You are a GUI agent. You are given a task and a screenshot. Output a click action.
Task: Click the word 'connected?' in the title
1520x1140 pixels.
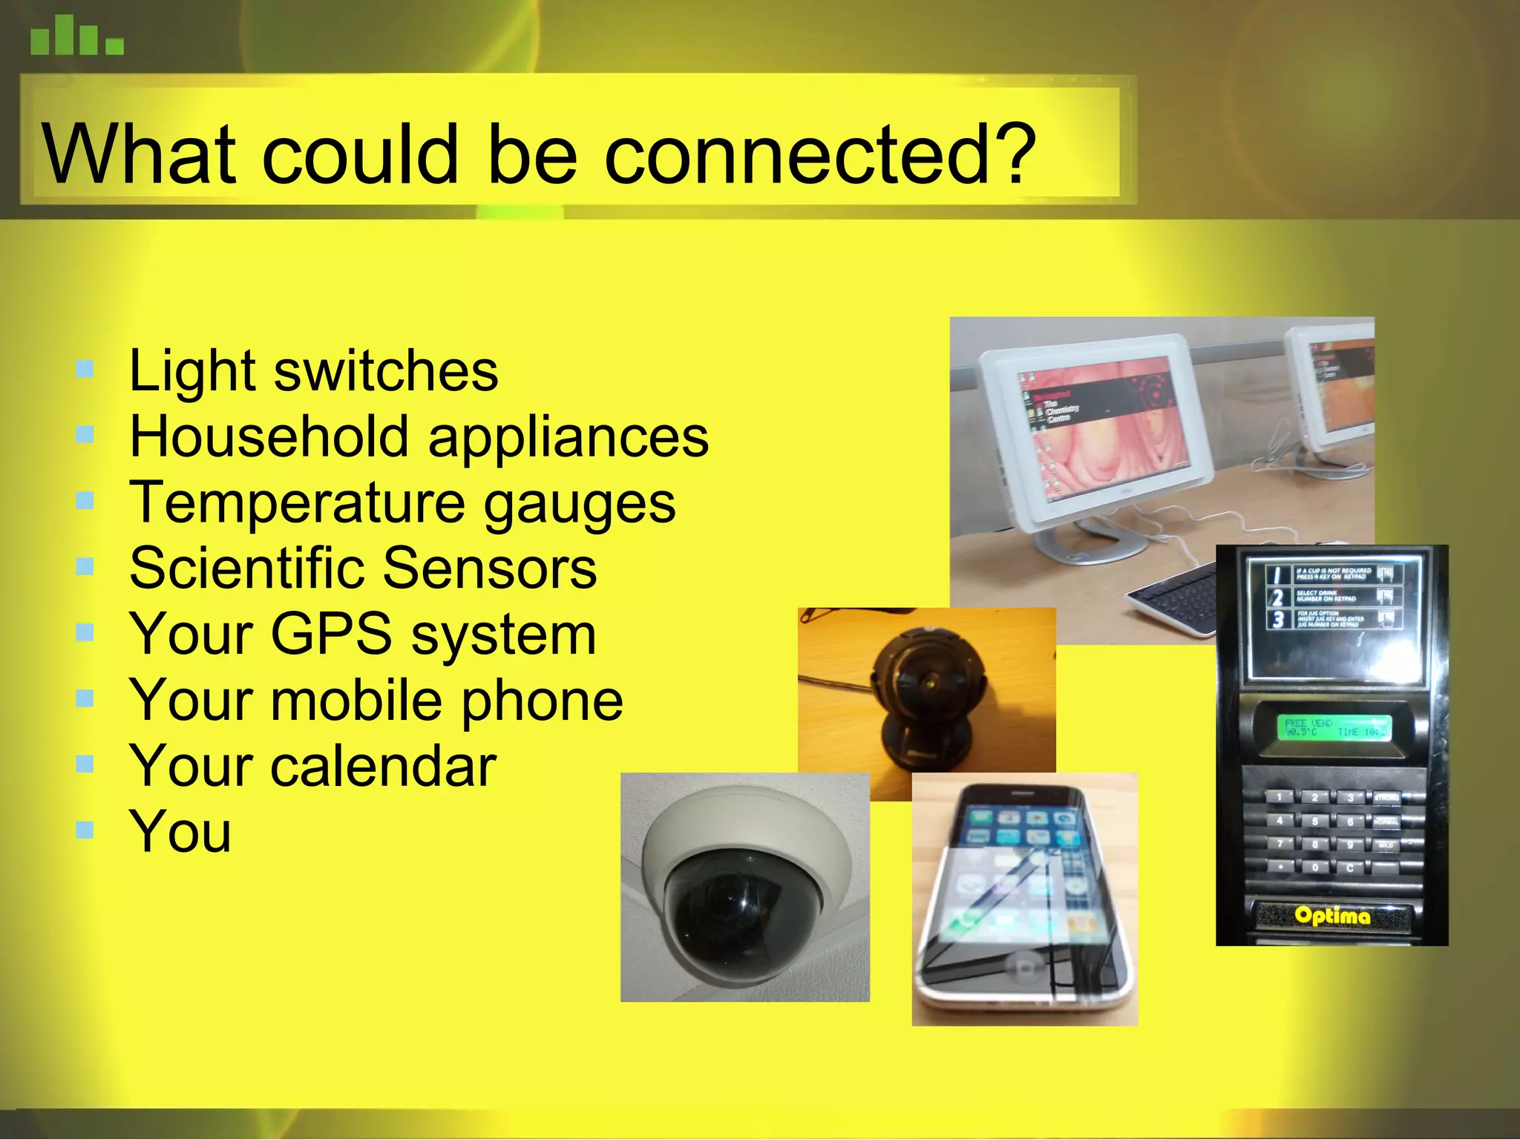tap(820, 156)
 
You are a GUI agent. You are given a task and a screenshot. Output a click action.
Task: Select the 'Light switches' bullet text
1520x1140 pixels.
tap(313, 370)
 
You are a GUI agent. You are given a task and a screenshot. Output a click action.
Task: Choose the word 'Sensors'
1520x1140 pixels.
tap(489, 569)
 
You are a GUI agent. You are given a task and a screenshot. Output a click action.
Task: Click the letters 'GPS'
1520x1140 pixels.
tap(330, 635)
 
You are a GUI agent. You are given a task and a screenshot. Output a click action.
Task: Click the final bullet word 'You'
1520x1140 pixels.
tap(180, 832)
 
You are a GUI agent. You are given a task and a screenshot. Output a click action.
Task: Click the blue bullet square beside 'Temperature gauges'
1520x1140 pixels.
tap(85, 502)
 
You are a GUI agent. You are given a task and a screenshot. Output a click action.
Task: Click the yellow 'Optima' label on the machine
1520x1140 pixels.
tap(1332, 916)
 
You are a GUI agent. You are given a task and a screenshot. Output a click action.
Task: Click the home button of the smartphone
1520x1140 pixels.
tap(1025, 968)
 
